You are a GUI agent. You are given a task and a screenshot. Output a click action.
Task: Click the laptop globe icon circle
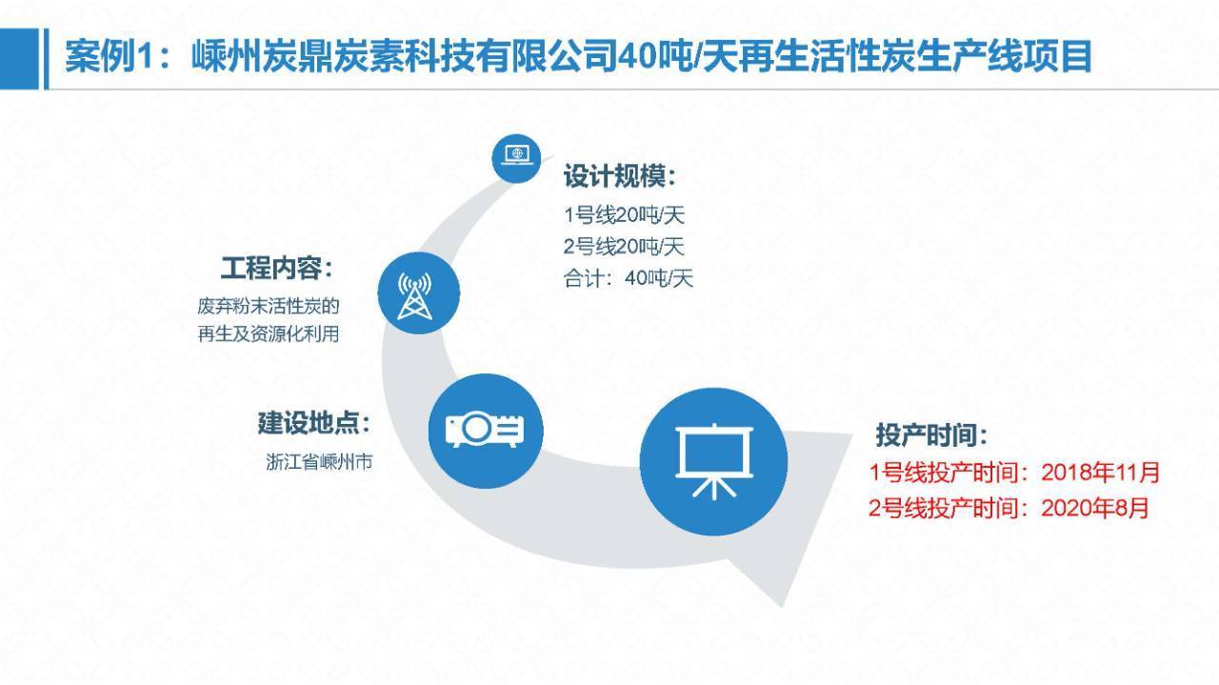(x=516, y=158)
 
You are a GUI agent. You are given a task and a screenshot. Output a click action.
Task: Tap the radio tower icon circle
(x=418, y=292)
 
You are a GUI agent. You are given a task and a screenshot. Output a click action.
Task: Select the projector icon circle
(x=486, y=431)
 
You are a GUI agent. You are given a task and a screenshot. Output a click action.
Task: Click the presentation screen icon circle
(x=713, y=461)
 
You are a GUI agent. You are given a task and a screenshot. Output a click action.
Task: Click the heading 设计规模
(x=619, y=176)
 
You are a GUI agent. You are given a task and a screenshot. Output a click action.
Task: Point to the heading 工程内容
(x=276, y=268)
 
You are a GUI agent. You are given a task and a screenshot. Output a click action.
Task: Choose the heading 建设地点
(x=314, y=423)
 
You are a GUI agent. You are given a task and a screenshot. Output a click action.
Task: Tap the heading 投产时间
(x=931, y=434)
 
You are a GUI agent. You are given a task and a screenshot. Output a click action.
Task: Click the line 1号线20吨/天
(x=624, y=215)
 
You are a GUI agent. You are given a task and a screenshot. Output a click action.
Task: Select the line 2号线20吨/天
(x=624, y=247)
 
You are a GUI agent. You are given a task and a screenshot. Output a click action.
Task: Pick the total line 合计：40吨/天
(x=629, y=278)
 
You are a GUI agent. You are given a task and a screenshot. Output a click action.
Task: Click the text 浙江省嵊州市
(x=319, y=462)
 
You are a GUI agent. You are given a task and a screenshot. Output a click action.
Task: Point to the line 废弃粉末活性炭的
(x=269, y=306)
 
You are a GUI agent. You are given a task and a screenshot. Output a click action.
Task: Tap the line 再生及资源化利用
(x=269, y=333)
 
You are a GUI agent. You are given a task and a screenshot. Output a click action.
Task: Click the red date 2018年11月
(x=1100, y=473)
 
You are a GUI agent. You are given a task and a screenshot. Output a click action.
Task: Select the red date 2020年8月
(x=1095, y=508)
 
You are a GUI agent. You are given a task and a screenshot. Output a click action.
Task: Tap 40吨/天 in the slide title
(x=660, y=55)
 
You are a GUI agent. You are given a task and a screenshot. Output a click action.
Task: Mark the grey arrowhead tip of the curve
(x=782, y=606)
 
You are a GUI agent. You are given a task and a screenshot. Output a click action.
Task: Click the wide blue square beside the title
(x=20, y=59)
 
